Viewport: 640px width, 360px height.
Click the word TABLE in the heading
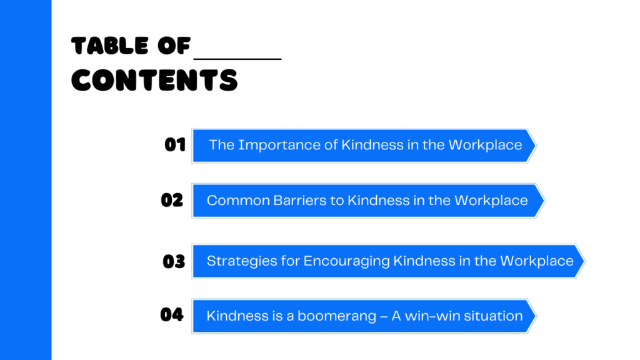tap(110, 45)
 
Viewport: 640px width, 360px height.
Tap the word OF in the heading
tap(174, 45)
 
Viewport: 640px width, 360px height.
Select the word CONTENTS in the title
tap(154, 80)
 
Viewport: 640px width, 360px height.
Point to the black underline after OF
tap(237, 59)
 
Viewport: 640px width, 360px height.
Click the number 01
tap(175, 144)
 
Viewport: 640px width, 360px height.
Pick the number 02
tap(172, 200)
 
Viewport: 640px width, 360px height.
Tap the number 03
tap(174, 261)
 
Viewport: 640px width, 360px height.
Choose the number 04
tap(172, 315)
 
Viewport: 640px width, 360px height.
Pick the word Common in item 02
tap(238, 201)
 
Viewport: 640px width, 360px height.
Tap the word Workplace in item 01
tap(485, 145)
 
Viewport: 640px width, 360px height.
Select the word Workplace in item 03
tap(537, 261)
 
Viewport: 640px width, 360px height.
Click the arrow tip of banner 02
tap(544, 201)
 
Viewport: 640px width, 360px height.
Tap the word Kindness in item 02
tap(379, 201)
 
